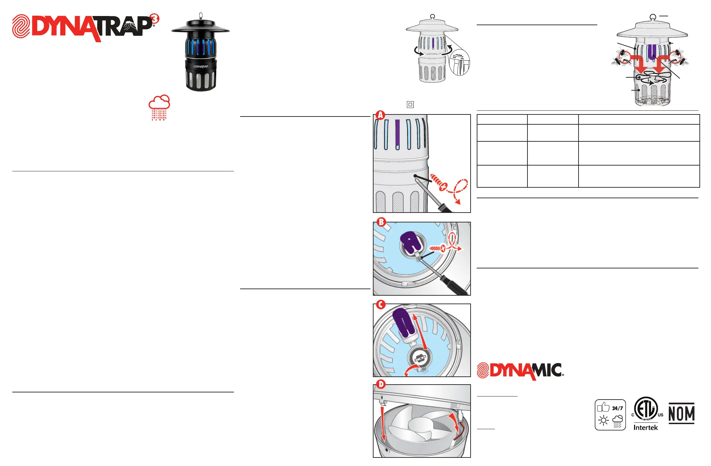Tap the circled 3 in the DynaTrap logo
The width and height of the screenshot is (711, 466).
(x=155, y=19)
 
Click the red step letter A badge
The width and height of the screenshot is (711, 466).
(x=380, y=115)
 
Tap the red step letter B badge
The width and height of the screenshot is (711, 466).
(x=381, y=222)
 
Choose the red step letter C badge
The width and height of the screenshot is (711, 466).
(x=381, y=305)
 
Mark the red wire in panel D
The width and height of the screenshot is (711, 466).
(x=458, y=433)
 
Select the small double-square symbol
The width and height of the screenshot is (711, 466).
(x=410, y=105)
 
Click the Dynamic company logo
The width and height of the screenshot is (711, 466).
(x=520, y=371)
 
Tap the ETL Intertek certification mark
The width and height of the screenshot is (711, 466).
(x=646, y=413)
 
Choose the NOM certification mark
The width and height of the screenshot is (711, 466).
(x=681, y=413)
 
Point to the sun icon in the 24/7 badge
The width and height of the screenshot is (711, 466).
(x=603, y=421)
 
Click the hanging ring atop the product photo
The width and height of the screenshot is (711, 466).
(x=201, y=15)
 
